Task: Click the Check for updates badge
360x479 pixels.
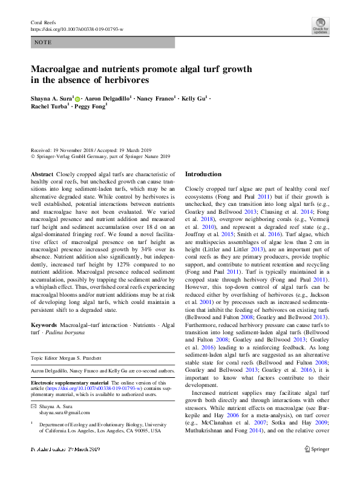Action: point(320,25)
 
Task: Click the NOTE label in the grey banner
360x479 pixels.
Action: point(43,43)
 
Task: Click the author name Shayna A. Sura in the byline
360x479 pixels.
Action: point(52,97)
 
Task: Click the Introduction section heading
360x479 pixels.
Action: point(203,174)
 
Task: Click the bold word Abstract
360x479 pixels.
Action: point(42,173)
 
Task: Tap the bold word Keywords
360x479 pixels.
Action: point(45,326)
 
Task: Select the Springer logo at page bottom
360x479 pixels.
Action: point(316,449)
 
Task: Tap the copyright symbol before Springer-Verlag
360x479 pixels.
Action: point(33,156)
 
